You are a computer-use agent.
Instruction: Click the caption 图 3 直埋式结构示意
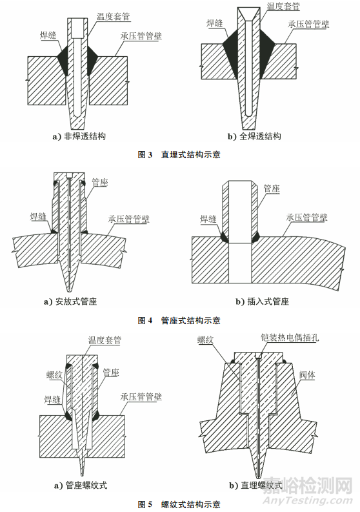tap(179, 154)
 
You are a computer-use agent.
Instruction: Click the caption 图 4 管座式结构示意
tap(179, 320)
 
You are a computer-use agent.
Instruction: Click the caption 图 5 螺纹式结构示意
tap(179, 504)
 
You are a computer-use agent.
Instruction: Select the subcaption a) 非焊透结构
tap(79, 136)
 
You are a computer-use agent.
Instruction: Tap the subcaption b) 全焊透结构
tap(254, 136)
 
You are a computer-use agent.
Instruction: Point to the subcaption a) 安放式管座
tap(70, 302)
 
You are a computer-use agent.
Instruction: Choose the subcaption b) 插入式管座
tap(263, 302)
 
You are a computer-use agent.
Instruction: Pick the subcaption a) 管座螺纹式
tap(80, 486)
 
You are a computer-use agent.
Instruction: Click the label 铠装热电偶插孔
tap(290, 337)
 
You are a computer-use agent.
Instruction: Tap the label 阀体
tap(307, 375)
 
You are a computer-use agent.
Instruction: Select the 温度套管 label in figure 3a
tap(114, 17)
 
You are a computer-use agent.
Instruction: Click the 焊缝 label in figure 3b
tap(214, 23)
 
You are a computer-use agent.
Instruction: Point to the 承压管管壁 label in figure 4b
tap(307, 217)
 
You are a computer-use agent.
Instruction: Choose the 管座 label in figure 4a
tap(99, 182)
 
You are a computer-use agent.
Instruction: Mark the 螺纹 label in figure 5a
tap(54, 375)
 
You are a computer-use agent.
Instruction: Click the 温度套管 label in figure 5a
tap(105, 340)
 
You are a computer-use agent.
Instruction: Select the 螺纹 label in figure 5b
tap(205, 340)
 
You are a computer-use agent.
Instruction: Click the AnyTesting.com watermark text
tap(308, 500)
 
